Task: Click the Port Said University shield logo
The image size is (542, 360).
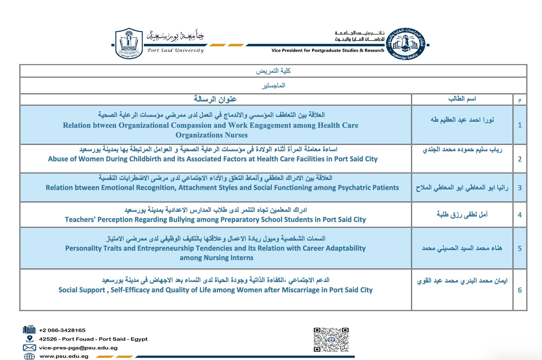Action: (129, 43)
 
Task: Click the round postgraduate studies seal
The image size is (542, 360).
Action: (405, 44)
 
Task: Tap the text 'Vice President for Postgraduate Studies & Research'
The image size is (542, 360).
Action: (328, 50)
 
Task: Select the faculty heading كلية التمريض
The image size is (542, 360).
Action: (273, 71)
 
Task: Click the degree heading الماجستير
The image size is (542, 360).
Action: (273, 86)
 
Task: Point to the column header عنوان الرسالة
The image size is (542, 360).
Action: (215, 99)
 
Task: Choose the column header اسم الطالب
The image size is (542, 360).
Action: (462, 99)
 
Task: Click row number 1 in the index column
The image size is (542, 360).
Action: (520, 125)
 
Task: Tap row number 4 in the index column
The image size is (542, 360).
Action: (520, 215)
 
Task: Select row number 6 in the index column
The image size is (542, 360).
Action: (520, 290)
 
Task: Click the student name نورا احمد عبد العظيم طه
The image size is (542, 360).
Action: (462, 120)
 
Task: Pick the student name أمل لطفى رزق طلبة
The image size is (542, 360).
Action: (462, 215)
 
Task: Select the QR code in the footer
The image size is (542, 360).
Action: (331, 339)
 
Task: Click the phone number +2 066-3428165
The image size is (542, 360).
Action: (62, 330)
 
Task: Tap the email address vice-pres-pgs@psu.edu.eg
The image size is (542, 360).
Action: (78, 348)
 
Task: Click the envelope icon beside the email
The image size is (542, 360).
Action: (29, 348)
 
